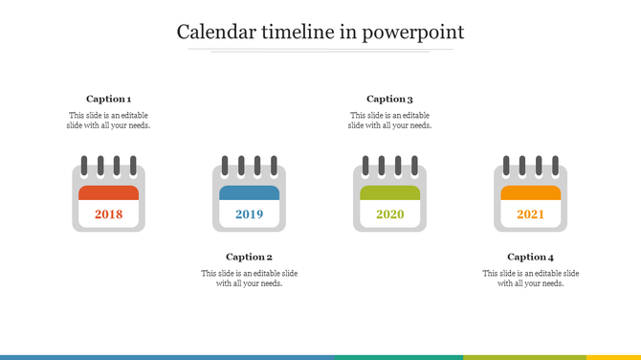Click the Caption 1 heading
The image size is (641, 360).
pos(108,99)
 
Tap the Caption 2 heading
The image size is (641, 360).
pos(249,257)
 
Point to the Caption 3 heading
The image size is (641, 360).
pos(389,99)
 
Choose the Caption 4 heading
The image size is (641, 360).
pos(530,257)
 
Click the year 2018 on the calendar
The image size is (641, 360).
pos(108,214)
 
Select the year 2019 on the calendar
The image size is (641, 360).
pos(249,214)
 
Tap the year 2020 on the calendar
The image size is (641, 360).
pos(389,214)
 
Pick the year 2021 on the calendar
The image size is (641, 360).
pos(530,214)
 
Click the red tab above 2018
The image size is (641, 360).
pos(108,192)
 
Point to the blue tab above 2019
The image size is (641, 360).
pos(249,192)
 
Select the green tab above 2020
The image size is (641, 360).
pos(389,192)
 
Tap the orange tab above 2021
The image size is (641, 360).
pos(530,192)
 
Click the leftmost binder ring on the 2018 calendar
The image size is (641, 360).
pos(85,167)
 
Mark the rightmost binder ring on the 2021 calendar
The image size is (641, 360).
pos(554,167)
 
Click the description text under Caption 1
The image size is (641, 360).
pos(108,121)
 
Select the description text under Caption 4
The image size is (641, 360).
pos(530,279)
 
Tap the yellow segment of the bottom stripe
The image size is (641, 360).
pos(613,357)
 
